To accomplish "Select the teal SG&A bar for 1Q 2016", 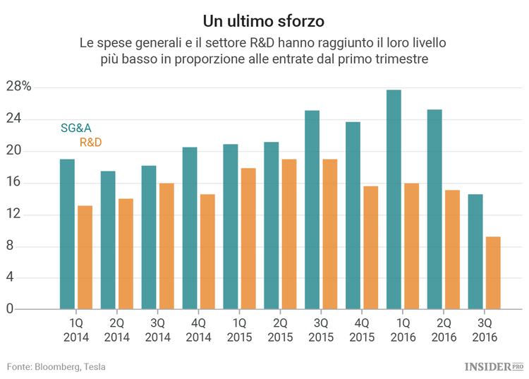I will pyautogui.click(x=394, y=200).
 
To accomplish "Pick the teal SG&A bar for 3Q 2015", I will pyautogui.click(x=312, y=210).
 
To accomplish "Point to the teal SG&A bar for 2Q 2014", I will pyautogui.click(x=108, y=240).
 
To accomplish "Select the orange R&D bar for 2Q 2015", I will pyautogui.click(x=288, y=234).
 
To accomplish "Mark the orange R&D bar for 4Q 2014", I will pyautogui.click(x=207, y=252).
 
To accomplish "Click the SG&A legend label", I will pyautogui.click(x=76, y=128).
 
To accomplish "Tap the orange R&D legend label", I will pyautogui.click(x=90, y=143).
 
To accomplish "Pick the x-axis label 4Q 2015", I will pyautogui.click(x=361, y=330).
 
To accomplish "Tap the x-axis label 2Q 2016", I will pyautogui.click(x=443, y=330).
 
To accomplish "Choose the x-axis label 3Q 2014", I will pyautogui.click(x=157, y=330).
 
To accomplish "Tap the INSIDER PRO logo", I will pyautogui.click(x=494, y=366).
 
